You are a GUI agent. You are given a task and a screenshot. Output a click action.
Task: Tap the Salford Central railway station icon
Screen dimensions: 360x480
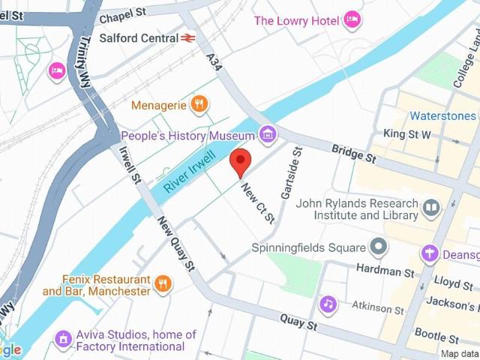pos(188,37)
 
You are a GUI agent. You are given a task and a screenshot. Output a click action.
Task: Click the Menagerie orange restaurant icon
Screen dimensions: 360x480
pos(199,105)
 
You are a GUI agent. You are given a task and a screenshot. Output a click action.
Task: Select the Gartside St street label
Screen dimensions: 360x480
pos(291,173)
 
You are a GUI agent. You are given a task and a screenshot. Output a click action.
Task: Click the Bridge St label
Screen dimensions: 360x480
pos(355,154)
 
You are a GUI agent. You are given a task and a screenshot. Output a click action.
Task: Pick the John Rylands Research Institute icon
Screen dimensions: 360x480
pos(431,207)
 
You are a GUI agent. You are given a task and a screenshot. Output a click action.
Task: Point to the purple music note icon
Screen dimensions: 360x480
pos(328,304)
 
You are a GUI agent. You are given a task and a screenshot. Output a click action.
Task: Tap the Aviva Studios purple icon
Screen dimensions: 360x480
pos(64,340)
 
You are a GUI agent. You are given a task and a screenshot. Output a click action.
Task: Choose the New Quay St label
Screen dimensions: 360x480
pos(177,244)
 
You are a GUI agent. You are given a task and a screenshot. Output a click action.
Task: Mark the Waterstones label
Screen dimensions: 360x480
pos(442,116)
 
